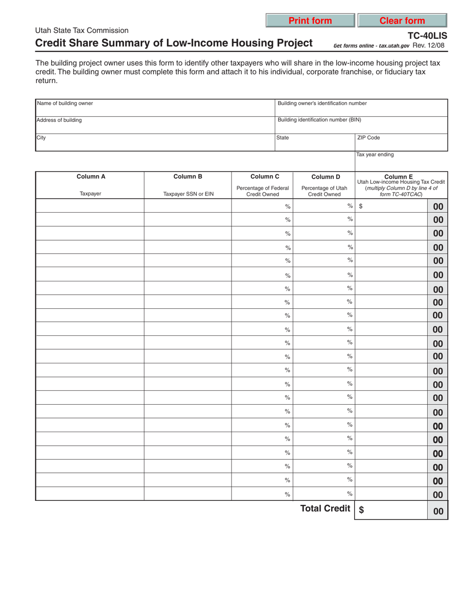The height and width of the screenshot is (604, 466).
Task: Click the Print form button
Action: click(310, 21)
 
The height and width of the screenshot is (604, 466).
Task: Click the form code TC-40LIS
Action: click(427, 36)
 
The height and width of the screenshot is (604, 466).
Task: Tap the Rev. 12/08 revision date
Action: click(429, 45)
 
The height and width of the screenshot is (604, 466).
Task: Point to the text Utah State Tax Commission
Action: click(82, 30)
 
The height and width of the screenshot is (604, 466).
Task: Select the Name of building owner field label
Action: click(65, 103)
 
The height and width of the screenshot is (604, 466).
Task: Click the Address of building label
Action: click(59, 120)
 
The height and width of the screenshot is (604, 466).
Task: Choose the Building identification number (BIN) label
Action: click(319, 120)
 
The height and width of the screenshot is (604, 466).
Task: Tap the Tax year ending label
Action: click(375, 155)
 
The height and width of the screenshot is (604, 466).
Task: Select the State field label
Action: click(283, 138)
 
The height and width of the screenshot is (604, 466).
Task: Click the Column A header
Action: click(90, 176)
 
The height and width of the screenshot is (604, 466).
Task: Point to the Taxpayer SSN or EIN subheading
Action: click(188, 194)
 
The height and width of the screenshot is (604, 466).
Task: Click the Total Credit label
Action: click(325, 509)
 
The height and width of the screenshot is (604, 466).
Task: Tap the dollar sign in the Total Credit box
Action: click(362, 510)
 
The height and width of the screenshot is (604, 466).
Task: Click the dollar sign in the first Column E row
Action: click(361, 207)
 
